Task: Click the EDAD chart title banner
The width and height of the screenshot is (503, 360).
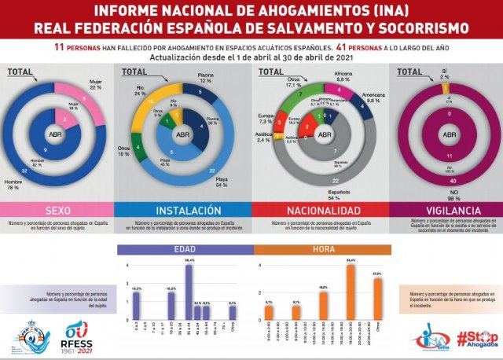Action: (185, 250)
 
